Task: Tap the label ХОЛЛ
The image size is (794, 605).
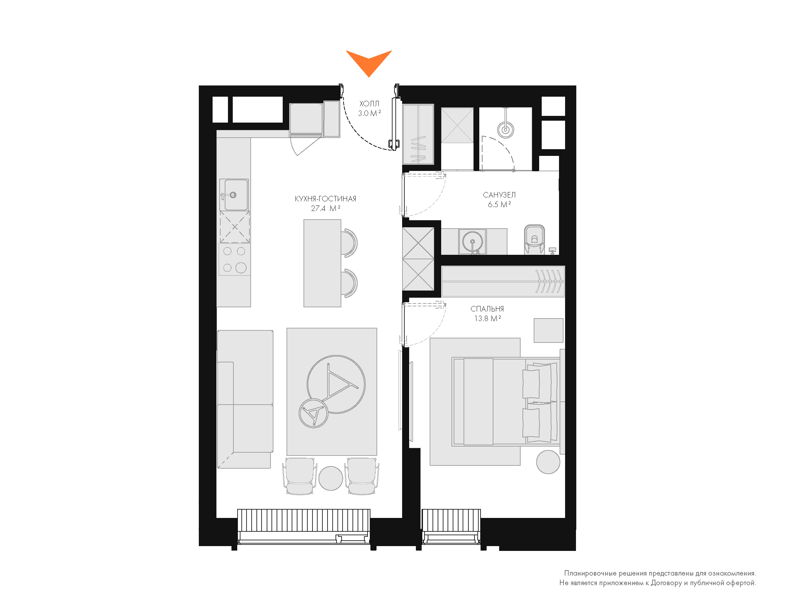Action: tap(369, 104)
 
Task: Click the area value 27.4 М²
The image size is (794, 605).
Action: tap(326, 208)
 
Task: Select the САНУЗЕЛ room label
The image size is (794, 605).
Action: tap(499, 195)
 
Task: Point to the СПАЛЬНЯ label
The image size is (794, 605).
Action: tap(487, 309)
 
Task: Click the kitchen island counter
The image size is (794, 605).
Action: tap(322, 263)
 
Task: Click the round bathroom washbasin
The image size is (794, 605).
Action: tap(473, 242)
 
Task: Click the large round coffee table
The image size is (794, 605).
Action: tap(336, 384)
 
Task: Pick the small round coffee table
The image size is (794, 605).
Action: tap(314, 413)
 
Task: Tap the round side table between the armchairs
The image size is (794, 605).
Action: tap(330, 478)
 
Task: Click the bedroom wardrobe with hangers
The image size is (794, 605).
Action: tap(503, 282)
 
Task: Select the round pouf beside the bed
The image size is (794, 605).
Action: tap(548, 462)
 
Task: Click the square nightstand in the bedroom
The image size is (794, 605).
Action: tap(548, 330)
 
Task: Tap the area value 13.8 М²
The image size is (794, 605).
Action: tap(488, 318)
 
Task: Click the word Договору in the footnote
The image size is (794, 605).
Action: tap(666, 583)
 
